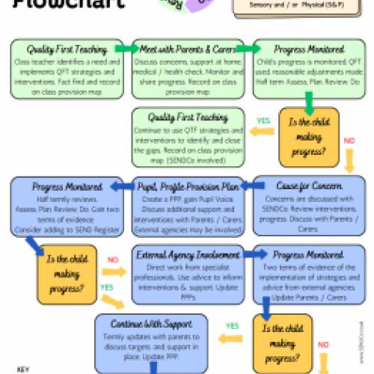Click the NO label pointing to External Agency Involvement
tap(113, 261)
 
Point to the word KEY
tap(22, 369)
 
